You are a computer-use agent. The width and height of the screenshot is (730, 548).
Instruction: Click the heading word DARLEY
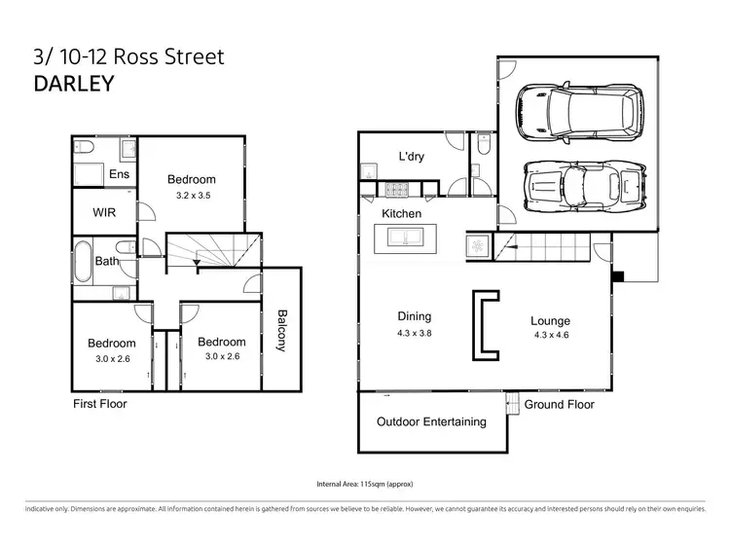73,83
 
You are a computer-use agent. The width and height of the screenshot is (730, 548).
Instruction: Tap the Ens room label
119,174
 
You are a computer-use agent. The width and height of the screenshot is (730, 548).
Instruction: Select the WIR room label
105,211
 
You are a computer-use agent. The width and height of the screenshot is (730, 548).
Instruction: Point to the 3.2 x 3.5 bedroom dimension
192,196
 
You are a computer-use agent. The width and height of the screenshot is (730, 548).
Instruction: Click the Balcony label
282,331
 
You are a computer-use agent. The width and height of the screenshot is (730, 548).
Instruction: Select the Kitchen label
401,213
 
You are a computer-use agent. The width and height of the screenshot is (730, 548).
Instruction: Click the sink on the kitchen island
406,237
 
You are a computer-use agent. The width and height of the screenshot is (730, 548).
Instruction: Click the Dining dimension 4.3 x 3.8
414,332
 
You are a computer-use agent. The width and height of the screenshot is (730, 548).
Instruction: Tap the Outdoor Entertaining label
431,421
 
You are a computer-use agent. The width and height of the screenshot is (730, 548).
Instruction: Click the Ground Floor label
559,404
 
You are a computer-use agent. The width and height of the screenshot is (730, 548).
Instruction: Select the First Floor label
100,403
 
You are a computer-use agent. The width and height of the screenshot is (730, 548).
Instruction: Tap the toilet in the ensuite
85,150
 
